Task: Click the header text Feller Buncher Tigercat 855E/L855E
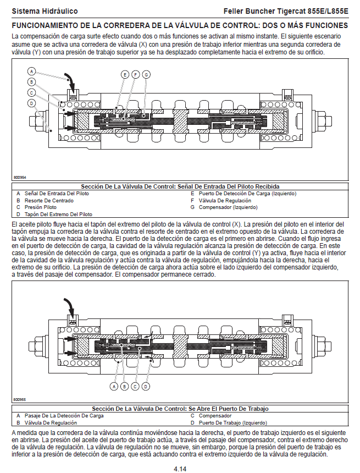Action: [286, 11]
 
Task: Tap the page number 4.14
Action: [180, 469]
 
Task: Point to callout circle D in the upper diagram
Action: [32, 103]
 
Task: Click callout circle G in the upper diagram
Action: [146, 74]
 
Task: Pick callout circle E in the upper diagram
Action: [125, 74]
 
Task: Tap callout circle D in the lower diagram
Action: [146, 386]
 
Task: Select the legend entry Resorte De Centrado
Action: [44, 201]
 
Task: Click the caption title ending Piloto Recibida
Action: [180, 186]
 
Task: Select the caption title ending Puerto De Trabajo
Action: [180, 409]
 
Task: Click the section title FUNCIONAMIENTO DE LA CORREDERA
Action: [180, 25]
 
